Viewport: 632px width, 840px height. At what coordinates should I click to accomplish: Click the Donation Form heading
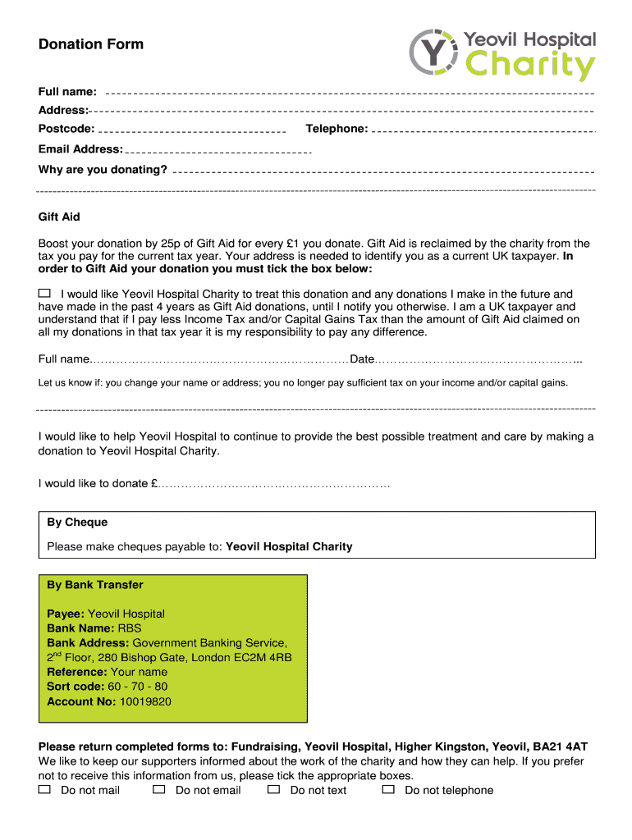pos(91,44)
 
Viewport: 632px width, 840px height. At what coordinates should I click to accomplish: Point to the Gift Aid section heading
pos(59,217)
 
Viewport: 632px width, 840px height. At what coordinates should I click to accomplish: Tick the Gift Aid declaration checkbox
pos(44,293)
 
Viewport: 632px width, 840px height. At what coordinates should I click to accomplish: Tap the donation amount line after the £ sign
pos(274,484)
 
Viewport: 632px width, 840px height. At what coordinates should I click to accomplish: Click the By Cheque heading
pos(77,523)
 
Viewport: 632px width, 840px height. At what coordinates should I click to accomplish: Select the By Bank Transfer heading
pos(95,585)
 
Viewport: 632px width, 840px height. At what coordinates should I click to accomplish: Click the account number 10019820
pos(145,701)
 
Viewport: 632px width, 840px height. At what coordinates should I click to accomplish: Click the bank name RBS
pos(131,628)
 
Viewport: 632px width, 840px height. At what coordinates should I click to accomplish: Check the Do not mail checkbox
pos(44,789)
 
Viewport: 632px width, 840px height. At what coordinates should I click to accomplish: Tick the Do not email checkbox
pos(159,789)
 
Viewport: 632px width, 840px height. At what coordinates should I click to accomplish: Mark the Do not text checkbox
pos(274,789)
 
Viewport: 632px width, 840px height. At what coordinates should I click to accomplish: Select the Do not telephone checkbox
pos(388,789)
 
